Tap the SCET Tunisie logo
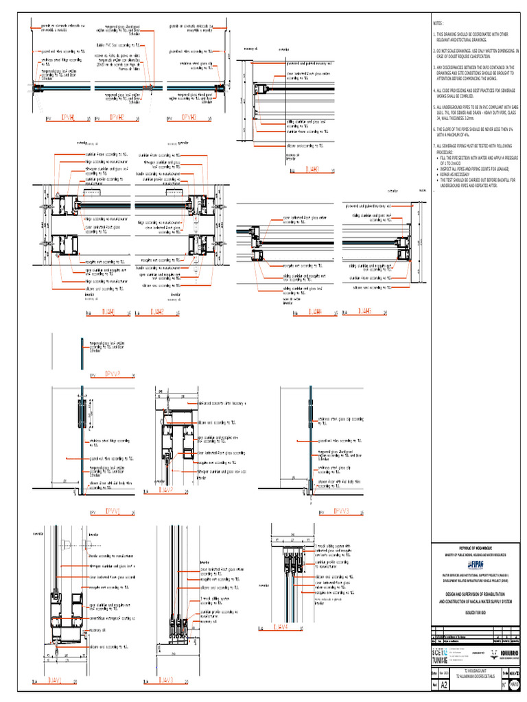point(442,655)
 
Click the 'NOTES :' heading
point(438,23)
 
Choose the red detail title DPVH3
point(189,118)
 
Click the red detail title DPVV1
point(113,511)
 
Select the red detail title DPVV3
point(341,511)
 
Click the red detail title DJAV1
point(54,681)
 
